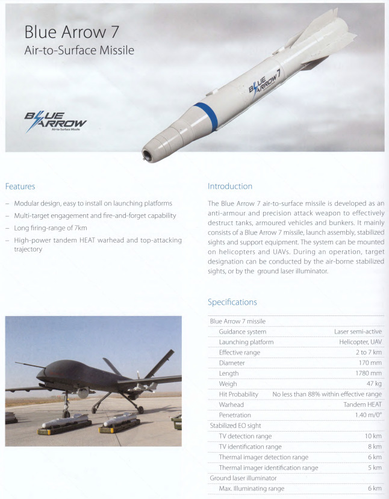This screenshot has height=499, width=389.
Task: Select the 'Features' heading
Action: [x=20, y=186]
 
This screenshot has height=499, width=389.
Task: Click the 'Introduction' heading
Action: [x=229, y=186]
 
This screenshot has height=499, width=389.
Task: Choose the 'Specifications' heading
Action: [x=232, y=302]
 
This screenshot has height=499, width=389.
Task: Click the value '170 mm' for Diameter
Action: [x=370, y=363]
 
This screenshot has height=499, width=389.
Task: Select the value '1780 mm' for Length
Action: [x=368, y=373]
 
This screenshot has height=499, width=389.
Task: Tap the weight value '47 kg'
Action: [x=373, y=383]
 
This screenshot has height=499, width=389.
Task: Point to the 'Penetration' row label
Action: [x=235, y=415]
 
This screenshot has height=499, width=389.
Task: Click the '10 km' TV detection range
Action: [x=373, y=436]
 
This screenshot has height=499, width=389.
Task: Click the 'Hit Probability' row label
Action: [x=238, y=394]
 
